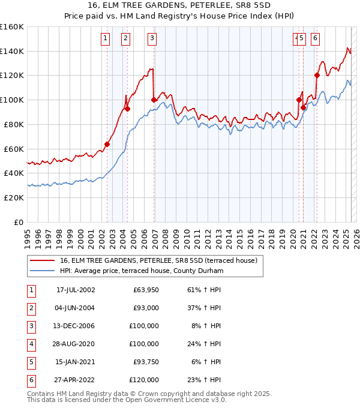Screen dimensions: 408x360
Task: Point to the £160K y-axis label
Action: [x=12, y=27]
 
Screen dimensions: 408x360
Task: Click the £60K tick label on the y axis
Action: [x=14, y=149]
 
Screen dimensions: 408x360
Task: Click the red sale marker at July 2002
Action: [x=107, y=144]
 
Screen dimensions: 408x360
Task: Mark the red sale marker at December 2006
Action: [x=154, y=100]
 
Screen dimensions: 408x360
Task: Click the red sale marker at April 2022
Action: [x=317, y=76]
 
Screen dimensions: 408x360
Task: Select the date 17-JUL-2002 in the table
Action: [x=76, y=290]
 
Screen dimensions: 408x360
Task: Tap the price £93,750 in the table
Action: [x=146, y=362]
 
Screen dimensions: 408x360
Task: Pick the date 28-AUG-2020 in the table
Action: [x=76, y=344]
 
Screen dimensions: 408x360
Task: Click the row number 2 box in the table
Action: [x=30, y=308]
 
